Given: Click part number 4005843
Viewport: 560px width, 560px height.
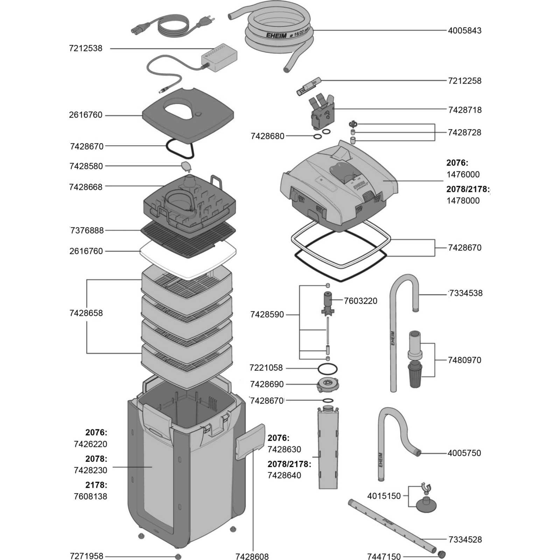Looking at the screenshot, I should point(464,30).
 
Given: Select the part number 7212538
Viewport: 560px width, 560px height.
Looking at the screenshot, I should point(86,48).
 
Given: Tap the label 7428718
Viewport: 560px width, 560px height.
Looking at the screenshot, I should point(465,110).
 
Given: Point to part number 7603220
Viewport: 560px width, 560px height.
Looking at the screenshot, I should point(360,301).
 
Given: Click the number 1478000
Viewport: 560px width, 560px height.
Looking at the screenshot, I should point(463,201).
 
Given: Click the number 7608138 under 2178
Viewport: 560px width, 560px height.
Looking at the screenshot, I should point(90,496).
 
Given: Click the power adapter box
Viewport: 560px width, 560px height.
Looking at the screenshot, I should point(219,56).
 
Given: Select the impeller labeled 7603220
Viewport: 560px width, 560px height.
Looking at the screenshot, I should point(328,303).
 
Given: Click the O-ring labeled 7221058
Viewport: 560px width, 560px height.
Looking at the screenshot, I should point(328,369).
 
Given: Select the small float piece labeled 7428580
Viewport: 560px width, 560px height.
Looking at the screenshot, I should point(185,166).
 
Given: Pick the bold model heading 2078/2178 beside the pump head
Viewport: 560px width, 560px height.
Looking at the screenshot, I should point(467,189).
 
